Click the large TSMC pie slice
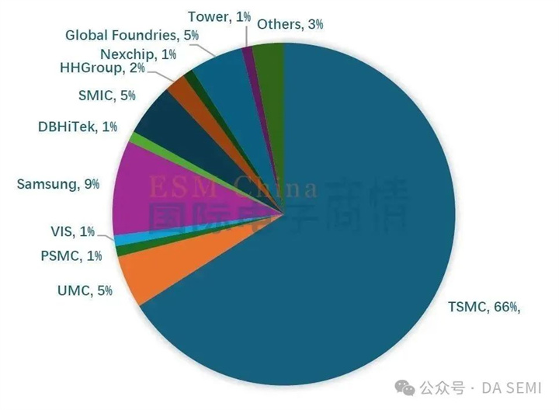coord(349,256)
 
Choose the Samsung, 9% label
coord(58,184)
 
